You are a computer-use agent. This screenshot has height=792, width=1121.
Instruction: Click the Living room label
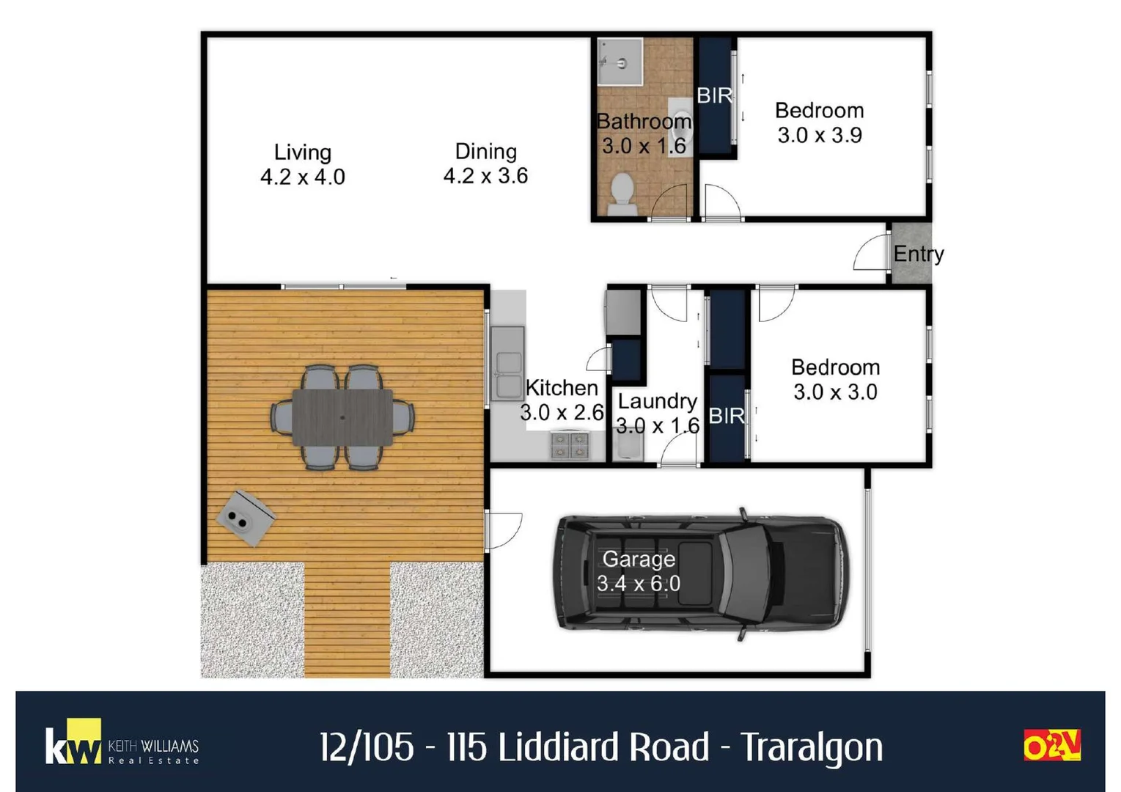click(x=302, y=152)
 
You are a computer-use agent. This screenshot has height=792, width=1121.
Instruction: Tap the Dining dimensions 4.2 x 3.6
click(x=485, y=176)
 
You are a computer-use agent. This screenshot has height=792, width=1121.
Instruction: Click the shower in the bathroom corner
click(x=620, y=62)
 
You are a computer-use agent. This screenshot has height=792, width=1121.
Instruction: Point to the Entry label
click(x=918, y=254)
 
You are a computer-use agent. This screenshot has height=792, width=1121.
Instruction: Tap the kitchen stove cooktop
click(x=570, y=445)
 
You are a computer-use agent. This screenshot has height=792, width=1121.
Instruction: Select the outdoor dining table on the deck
click(x=342, y=417)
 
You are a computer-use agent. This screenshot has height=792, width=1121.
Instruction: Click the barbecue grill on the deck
click(x=246, y=517)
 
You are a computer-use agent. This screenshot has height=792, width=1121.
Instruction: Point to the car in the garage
click(x=702, y=573)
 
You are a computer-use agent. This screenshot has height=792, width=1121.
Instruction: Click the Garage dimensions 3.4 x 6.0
click(x=638, y=584)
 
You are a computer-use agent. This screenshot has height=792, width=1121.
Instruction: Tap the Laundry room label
click(x=657, y=401)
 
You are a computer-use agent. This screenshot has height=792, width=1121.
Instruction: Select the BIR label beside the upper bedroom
click(x=714, y=95)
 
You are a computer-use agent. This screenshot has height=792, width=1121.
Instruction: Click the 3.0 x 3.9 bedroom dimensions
click(x=820, y=136)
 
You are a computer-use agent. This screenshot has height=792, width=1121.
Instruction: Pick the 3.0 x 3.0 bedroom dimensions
click(x=835, y=392)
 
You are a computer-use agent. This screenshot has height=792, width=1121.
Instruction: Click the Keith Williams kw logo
click(x=73, y=744)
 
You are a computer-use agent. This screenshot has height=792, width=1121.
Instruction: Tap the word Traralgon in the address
click(x=812, y=747)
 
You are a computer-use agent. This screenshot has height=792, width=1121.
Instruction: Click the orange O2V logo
click(x=1052, y=745)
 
